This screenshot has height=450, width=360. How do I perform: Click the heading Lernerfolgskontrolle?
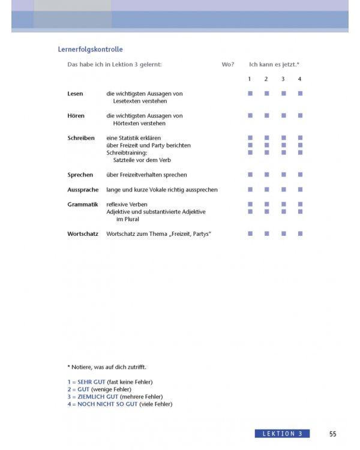(x=90, y=50)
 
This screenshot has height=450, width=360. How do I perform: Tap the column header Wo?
(x=228, y=64)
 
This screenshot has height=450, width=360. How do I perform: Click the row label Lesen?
(x=75, y=94)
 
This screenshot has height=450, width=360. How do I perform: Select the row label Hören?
(x=76, y=116)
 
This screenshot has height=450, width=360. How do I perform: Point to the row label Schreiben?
(x=81, y=138)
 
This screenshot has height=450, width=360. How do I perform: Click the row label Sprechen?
(x=80, y=175)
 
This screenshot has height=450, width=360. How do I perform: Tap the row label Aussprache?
(x=83, y=190)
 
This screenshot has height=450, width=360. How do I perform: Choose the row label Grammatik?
(x=83, y=205)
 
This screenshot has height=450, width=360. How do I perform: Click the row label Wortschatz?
(x=83, y=233)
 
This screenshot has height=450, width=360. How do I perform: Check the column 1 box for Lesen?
(x=250, y=94)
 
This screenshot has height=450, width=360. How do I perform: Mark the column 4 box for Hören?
(x=300, y=115)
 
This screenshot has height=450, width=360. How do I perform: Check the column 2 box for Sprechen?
(x=266, y=175)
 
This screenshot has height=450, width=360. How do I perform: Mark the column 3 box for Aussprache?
(x=283, y=190)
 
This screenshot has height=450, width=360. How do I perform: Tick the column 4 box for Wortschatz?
(x=300, y=233)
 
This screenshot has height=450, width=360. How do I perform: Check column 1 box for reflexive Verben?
(x=250, y=205)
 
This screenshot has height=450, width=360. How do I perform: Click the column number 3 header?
(x=283, y=79)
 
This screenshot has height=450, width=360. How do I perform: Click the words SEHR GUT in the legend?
(x=91, y=382)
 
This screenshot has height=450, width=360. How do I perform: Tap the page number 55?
(x=333, y=434)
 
